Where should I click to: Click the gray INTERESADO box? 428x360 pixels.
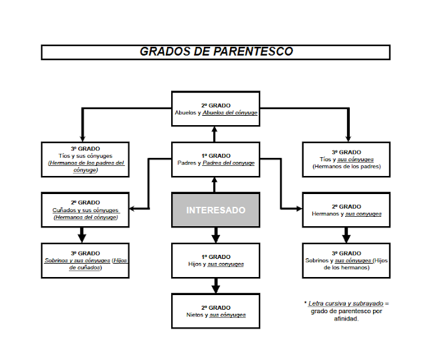(x=215, y=209)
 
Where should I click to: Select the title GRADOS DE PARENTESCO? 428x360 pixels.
(x=216, y=52)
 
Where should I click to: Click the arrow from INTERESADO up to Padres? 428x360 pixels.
(x=215, y=185)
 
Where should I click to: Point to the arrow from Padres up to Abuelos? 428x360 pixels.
(x=215, y=134)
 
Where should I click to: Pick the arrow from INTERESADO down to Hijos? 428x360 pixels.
(x=215, y=235)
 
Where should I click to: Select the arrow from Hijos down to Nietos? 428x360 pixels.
(x=215, y=286)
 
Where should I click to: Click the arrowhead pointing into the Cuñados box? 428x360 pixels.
(x=132, y=209)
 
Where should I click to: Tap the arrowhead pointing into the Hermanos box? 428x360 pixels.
(x=300, y=209)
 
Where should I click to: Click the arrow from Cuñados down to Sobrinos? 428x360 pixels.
(x=82, y=235)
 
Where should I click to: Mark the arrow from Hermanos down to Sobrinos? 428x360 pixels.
(x=346, y=235)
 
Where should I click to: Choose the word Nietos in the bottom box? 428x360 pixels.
(x=195, y=314)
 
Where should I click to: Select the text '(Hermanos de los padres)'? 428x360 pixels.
(x=346, y=167)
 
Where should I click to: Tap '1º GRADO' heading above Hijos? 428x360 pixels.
(x=215, y=257)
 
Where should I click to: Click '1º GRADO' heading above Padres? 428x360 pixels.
(x=215, y=156)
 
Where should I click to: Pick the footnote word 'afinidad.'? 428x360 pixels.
(x=346, y=319)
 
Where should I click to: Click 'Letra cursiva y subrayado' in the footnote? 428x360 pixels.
(x=346, y=304)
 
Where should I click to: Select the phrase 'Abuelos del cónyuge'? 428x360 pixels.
(x=230, y=112)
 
